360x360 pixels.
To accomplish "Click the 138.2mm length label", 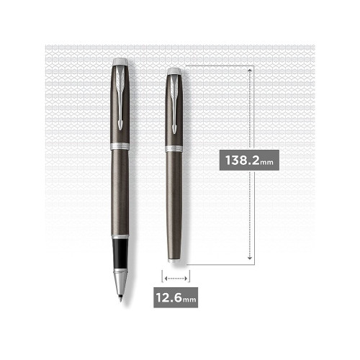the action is (249, 160).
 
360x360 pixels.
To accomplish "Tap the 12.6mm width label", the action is (176, 297).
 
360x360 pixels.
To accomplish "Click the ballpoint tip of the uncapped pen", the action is (120, 300).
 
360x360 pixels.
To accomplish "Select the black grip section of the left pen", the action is (120, 253).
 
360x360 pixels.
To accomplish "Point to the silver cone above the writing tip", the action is (120, 283).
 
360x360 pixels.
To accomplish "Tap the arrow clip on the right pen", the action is (174, 104).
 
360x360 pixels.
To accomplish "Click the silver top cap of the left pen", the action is (120, 62).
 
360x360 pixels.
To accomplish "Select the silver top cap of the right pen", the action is (174, 71).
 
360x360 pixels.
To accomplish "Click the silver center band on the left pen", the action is (120, 146).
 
